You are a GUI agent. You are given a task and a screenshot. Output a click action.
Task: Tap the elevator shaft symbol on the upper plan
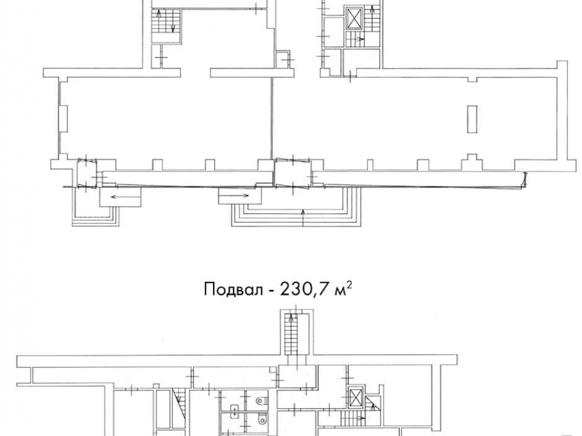(352, 17)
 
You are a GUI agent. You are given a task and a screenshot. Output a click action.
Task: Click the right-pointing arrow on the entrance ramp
(240, 195)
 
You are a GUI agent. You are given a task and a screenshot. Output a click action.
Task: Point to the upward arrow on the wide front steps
(303, 217)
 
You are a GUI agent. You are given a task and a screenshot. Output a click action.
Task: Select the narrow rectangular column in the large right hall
(472, 119)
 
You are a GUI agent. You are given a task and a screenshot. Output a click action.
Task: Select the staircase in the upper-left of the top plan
(166, 22)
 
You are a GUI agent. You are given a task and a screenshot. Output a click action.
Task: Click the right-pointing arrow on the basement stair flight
(359, 418)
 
